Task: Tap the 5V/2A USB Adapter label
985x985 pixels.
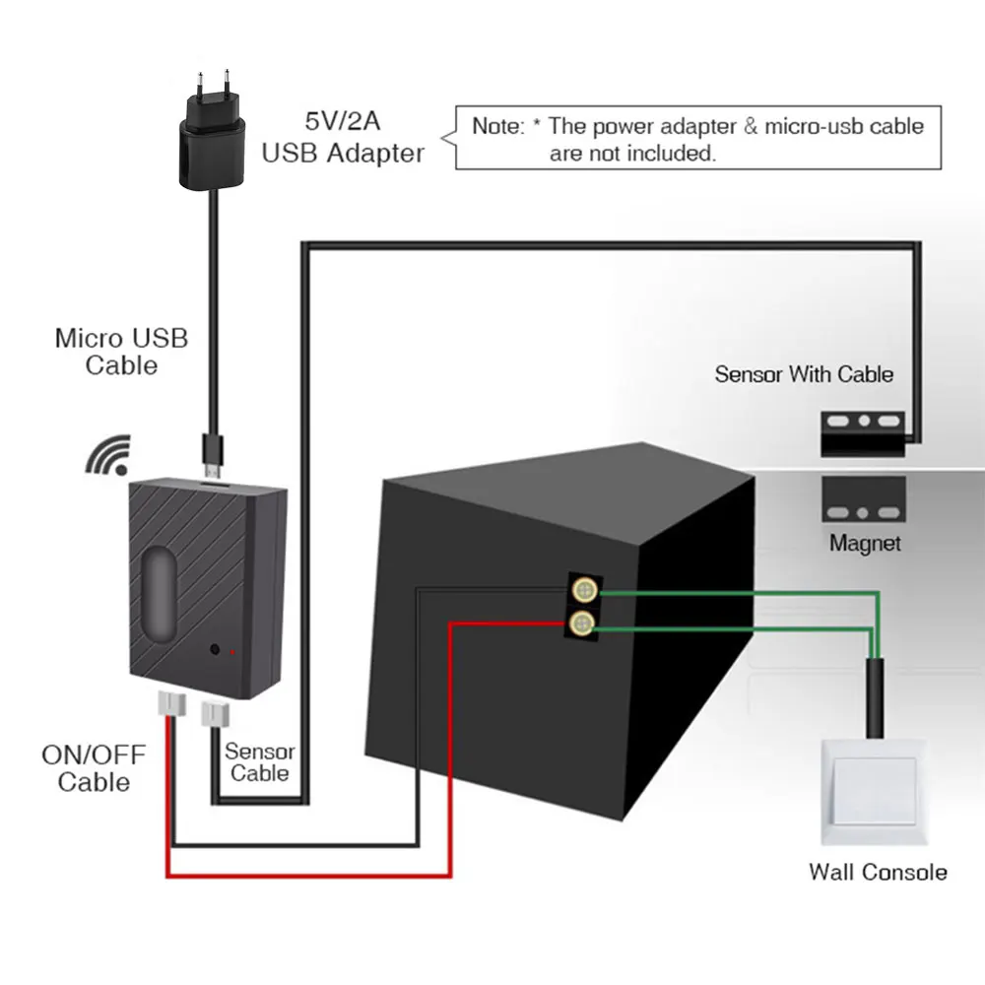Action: pos(343,138)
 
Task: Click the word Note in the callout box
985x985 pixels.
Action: pos(497,126)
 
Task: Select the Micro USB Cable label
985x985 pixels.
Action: pos(121,352)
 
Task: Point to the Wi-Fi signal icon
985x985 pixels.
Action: pos(108,455)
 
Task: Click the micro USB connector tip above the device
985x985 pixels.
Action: pos(213,471)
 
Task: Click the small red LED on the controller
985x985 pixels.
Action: pos(232,652)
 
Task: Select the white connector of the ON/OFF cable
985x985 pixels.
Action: pos(171,703)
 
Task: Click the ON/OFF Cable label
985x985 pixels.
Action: pos(94,769)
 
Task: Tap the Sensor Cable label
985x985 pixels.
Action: pos(259,762)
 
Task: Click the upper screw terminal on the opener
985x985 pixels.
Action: pos(584,590)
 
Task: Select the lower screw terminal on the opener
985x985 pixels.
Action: pos(582,624)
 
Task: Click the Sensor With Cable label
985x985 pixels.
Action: pos(804,374)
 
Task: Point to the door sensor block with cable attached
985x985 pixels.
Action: pos(863,433)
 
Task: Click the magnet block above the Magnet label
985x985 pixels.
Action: pos(864,498)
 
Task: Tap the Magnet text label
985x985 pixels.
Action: pos(865,543)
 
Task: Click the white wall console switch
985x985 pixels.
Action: pos(874,792)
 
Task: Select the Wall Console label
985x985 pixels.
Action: pos(879,872)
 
